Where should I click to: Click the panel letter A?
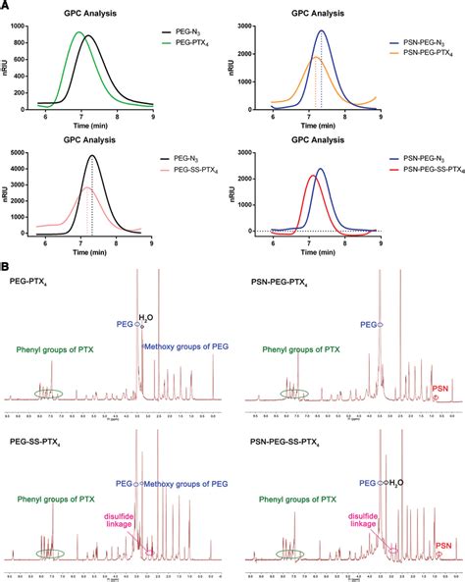tap(6, 7)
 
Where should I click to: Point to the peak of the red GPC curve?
tap(312, 176)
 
